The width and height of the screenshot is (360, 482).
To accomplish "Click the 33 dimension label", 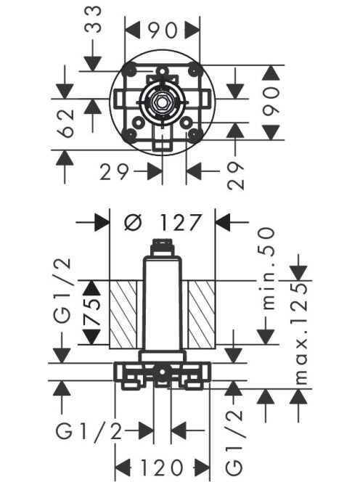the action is point(93,20).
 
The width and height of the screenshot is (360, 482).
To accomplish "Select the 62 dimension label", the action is point(66,123).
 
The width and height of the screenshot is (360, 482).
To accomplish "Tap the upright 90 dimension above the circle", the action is point(163,30).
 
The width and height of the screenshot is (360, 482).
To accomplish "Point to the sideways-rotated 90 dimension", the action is point(271,102).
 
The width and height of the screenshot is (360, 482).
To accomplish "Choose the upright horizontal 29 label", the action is point(114,172).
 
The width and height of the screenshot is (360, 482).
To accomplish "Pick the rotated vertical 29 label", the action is point(236,176).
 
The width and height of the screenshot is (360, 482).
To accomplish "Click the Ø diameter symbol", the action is point(133,222).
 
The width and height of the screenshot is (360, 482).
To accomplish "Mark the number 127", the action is point(181,222).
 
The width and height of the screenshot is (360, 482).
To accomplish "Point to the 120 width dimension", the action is point(162,468).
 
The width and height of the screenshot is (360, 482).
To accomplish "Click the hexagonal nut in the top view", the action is point(161,103).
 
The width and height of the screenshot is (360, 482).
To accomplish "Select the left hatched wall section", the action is point(123,314).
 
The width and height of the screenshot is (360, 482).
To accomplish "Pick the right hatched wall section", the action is point(202,314).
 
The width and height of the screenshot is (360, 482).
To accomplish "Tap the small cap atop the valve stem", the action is point(162,247).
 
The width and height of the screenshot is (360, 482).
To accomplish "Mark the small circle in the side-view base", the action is point(162,372).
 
